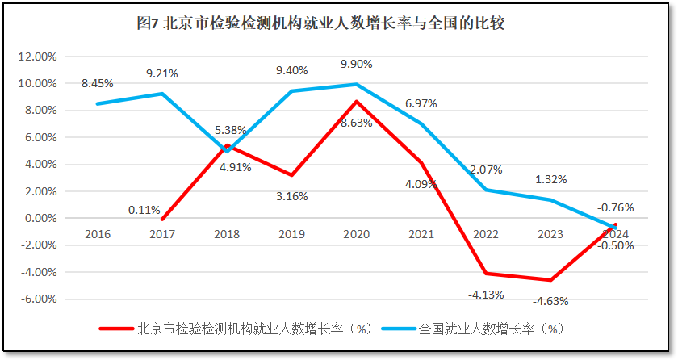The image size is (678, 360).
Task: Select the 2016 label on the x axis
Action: pos(98,234)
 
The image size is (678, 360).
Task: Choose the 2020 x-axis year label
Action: pos(356,234)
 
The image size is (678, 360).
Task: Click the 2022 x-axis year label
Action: pos(486,234)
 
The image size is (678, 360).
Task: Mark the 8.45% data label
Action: pos(97,82)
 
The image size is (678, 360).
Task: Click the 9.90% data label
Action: pos(356,64)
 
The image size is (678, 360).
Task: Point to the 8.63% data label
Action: pos(355,123)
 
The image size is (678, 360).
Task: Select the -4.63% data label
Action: pos(551,301)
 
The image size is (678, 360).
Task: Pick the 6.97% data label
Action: pos(421,104)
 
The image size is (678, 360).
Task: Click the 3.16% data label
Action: pos(291,195)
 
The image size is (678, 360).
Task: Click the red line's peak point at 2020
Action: pos(357,102)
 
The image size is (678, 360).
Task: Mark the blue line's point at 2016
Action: pos(98,104)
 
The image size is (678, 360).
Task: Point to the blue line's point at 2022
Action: pos(486,190)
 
